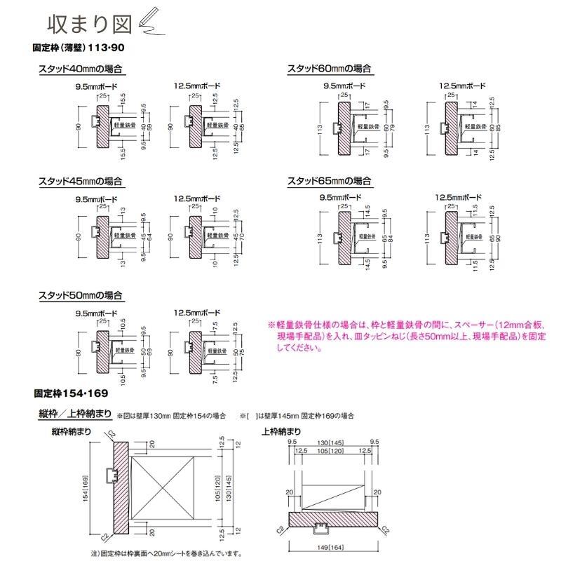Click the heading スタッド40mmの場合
[x=81, y=69]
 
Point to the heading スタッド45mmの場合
[x=81, y=181]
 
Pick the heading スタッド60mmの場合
[x=329, y=69]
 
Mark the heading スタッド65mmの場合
[x=329, y=181]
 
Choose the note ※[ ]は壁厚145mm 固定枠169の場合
[x=297, y=416]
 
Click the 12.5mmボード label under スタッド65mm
[x=459, y=198]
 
